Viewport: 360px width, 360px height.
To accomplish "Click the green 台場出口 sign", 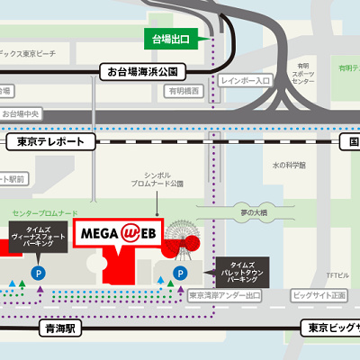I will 176,40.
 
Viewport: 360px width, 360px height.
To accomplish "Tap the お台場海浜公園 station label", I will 145,70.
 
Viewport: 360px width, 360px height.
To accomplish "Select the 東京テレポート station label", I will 50,142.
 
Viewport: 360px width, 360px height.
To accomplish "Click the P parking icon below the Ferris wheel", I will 179,273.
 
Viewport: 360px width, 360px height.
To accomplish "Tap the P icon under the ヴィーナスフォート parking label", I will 38,272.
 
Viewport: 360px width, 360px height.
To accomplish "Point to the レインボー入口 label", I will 246,81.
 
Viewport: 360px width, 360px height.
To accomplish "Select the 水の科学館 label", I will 289,166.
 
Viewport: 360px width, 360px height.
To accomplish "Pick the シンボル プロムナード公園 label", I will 163,178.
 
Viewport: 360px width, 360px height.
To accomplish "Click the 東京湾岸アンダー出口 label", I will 225,294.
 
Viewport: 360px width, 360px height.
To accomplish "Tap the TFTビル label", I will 337,274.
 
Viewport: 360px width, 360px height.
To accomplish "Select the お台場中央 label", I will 21,114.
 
